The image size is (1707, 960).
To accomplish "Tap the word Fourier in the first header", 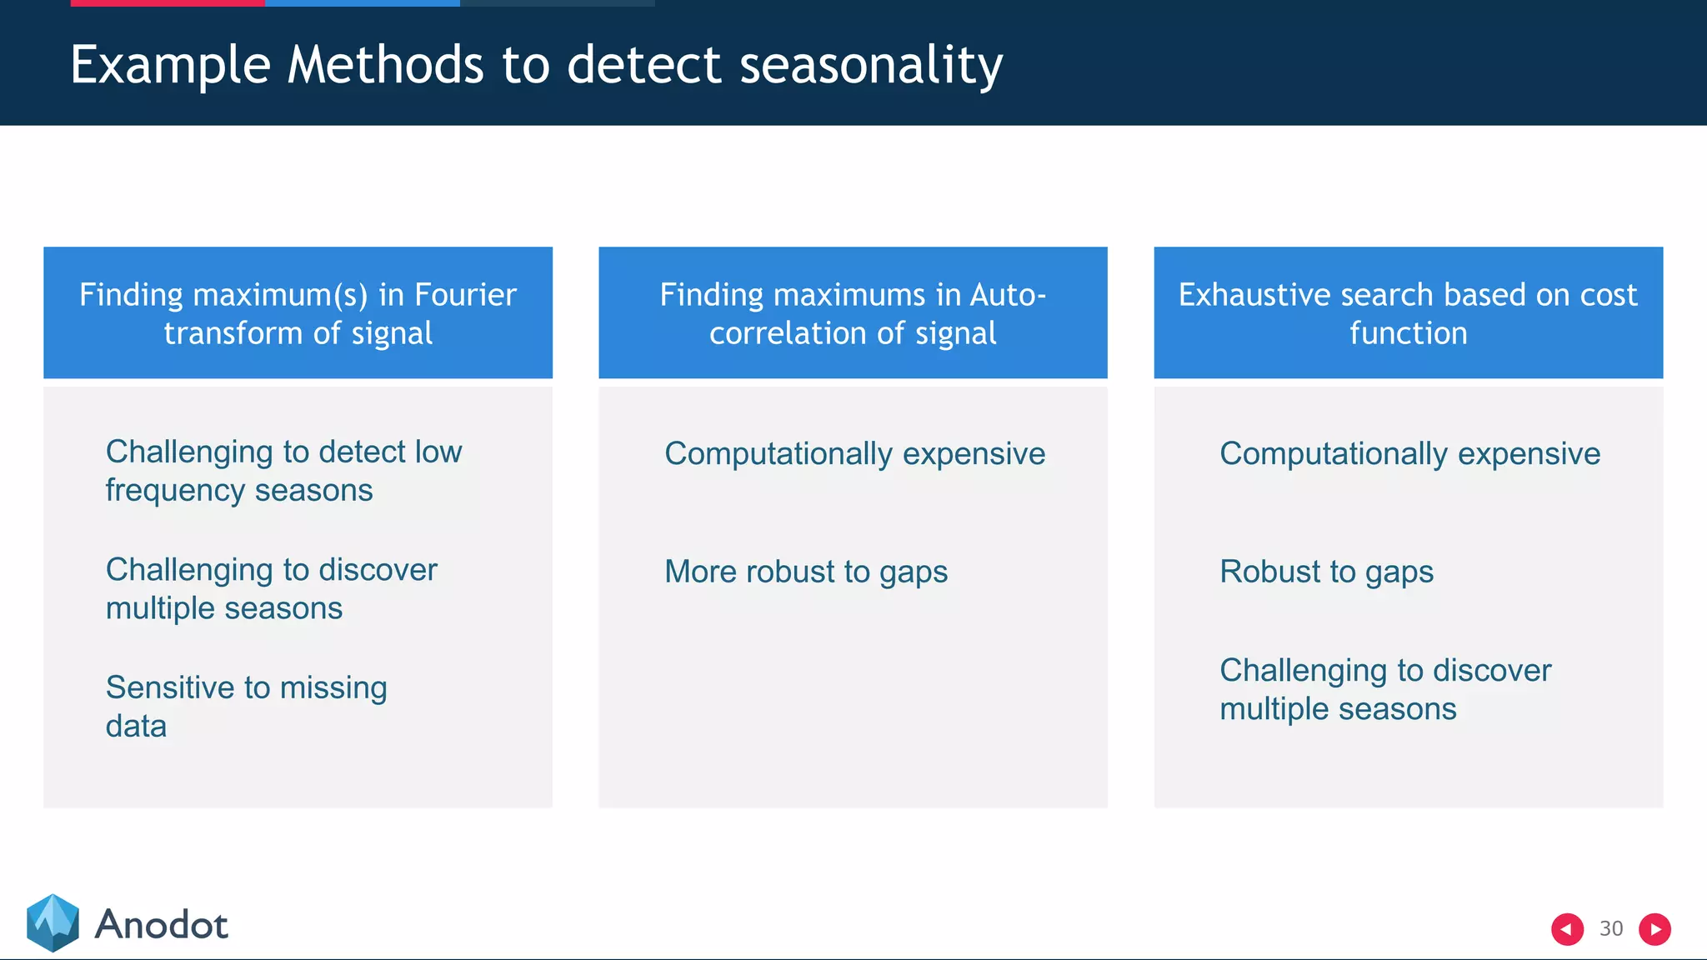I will (x=465, y=295).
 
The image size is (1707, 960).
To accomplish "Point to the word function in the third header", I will (x=1408, y=333).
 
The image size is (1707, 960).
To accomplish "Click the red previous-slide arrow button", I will (x=1566, y=928).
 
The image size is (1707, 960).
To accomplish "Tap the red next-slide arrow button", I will (x=1654, y=928).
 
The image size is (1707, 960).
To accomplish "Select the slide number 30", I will (x=1610, y=928).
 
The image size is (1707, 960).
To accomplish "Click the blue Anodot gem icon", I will (x=53, y=922).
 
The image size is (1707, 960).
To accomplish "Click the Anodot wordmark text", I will (x=161, y=925).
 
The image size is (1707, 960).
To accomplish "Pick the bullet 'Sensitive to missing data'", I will (x=246, y=706).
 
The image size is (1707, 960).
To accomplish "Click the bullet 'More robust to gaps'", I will (x=805, y=572).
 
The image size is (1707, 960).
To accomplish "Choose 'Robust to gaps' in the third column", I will (x=1326, y=572).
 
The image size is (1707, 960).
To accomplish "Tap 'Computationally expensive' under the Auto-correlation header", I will (x=854, y=454).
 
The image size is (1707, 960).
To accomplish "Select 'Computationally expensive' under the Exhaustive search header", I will (x=1409, y=454).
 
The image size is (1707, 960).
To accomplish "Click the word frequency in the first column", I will (x=175, y=491).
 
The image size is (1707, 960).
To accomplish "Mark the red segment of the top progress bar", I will (x=167, y=2).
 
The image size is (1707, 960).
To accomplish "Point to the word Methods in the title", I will (x=385, y=65).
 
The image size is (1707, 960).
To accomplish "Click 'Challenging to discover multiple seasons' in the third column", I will (x=1384, y=689).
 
